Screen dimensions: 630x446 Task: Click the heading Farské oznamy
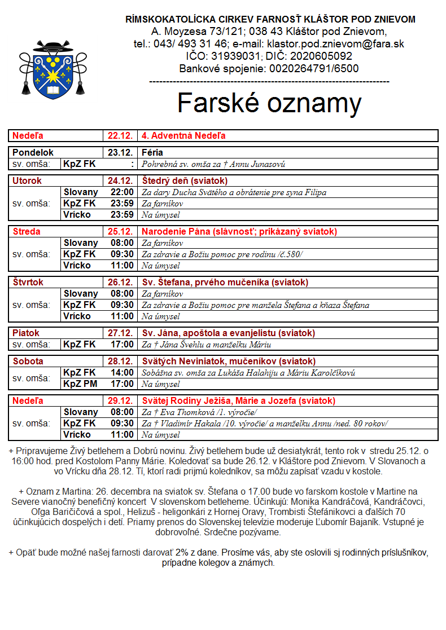269,103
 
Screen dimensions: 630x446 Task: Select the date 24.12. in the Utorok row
120,181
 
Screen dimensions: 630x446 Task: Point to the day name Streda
27,232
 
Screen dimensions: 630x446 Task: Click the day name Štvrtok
28,283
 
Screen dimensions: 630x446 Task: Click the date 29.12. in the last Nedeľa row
120,401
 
